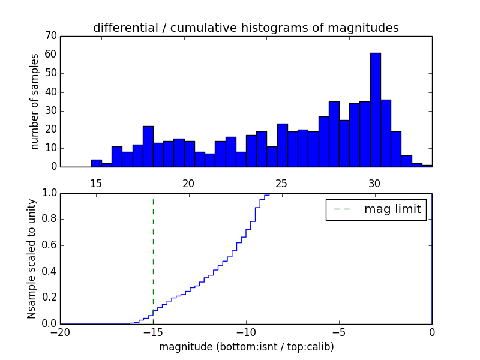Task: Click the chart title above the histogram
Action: pos(245,28)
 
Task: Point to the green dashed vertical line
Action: pos(153,252)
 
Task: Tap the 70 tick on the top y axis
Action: pos(50,36)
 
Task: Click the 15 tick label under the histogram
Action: pos(95,184)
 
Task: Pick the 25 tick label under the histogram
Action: pos(281,184)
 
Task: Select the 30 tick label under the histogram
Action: pos(374,184)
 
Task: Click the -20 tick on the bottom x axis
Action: pos(60,332)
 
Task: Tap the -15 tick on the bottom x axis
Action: pos(153,332)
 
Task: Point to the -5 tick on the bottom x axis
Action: pos(339,332)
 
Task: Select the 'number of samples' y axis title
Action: pos(35,101)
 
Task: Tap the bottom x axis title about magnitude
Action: pos(246,346)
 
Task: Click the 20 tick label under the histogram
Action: pos(188,184)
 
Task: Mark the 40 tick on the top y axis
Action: pos(50,92)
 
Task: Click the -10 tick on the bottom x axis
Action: pos(246,332)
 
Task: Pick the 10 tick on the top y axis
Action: pos(50,148)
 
